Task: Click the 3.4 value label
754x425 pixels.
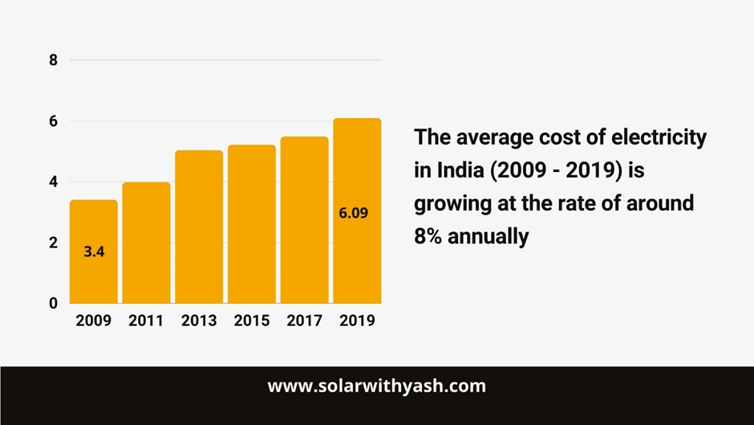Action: pyautogui.click(x=94, y=251)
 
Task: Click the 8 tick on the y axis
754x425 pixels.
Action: pyautogui.click(x=54, y=60)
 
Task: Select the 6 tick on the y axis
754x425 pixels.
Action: pyautogui.click(x=54, y=121)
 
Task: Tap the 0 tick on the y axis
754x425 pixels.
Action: pyautogui.click(x=54, y=303)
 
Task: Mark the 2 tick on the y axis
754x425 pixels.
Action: pyautogui.click(x=54, y=243)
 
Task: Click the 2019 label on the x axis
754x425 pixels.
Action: pyautogui.click(x=357, y=321)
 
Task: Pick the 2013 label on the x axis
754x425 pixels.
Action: pyautogui.click(x=199, y=321)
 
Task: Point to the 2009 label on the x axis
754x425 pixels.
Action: pyautogui.click(x=94, y=321)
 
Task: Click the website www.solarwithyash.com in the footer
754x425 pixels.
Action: pyautogui.click(x=376, y=386)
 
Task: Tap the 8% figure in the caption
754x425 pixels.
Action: pyautogui.click(x=431, y=237)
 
